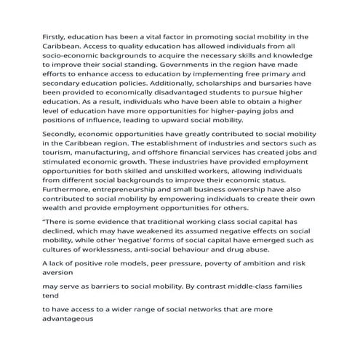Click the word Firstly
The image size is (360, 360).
coord(55,36)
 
